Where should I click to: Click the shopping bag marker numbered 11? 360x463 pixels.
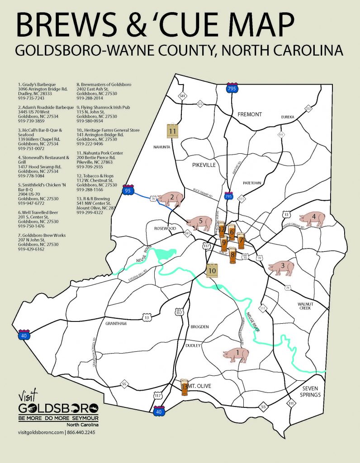pyautogui.click(x=172, y=131)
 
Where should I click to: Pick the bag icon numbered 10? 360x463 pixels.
pyautogui.click(x=212, y=270)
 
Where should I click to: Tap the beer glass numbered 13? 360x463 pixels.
pyautogui.click(x=184, y=387)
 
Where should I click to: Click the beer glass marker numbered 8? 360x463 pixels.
pyautogui.click(x=232, y=255)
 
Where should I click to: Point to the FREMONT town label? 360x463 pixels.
pyautogui.click(x=250, y=114)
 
